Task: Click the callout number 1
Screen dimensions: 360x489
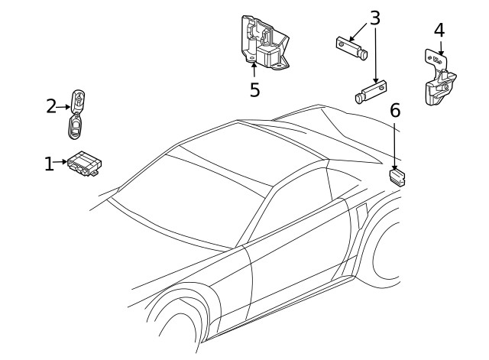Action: tap(49, 163)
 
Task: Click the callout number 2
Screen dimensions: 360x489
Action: tap(51, 106)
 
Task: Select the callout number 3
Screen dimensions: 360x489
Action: tap(374, 18)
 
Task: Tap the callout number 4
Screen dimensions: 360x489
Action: tap(439, 31)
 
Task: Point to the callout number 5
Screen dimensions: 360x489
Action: tap(254, 89)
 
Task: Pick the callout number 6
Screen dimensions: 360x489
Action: tap(394, 110)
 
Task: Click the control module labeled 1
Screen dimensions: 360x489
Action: tap(86, 164)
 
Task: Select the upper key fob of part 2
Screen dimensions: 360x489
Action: tap(78, 99)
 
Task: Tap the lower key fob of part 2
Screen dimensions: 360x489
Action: tap(75, 126)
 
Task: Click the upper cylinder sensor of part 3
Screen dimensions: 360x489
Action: tap(352, 47)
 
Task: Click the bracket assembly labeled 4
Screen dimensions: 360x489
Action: tap(439, 80)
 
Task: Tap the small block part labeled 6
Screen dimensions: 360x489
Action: tap(397, 179)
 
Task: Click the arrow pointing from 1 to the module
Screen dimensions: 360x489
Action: tap(62, 162)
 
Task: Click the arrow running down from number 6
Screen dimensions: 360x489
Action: tap(394, 145)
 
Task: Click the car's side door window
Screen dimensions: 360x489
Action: tap(294, 210)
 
